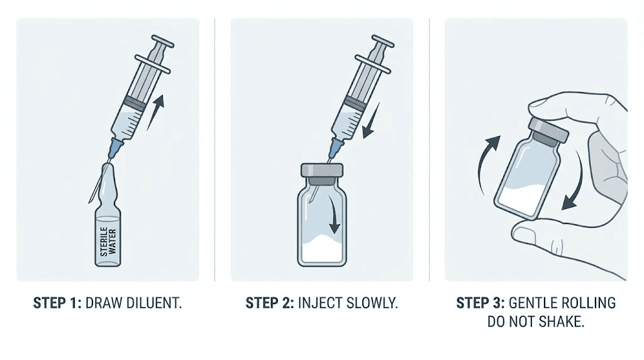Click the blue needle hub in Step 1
(114, 150)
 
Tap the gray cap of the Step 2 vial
(322, 170)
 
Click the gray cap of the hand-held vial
(548, 130)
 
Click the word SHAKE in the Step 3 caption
(561, 322)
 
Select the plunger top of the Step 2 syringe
(383, 43)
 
